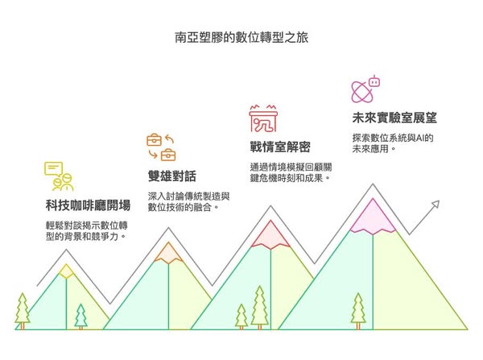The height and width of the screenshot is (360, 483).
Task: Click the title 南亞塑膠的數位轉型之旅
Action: point(242,38)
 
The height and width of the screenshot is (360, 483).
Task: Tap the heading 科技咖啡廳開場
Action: point(88,205)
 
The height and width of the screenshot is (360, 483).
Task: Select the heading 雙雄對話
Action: point(172,176)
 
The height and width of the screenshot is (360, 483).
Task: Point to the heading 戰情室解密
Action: point(280,147)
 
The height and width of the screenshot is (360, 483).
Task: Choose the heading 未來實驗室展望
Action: point(394,118)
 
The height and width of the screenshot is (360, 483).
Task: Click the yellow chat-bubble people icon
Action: point(59,176)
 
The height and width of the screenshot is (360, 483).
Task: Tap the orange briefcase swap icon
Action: point(161,147)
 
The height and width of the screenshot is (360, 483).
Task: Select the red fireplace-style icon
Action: point(263,118)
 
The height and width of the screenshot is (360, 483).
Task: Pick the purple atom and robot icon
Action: point(365,89)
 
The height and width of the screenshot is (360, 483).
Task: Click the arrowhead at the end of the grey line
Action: point(436,205)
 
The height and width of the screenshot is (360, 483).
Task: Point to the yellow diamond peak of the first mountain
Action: point(66,271)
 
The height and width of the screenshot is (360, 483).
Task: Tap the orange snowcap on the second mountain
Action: point(168,253)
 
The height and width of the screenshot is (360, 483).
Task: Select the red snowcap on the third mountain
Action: point(270,235)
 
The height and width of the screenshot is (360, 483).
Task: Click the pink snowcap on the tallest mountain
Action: point(373,217)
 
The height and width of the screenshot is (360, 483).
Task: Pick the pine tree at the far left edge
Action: point(23,312)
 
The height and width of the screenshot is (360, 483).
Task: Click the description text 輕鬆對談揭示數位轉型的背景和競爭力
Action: point(87,231)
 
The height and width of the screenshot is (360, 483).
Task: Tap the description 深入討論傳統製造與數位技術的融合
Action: point(188,201)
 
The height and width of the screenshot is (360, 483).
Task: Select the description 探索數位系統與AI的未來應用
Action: point(393,143)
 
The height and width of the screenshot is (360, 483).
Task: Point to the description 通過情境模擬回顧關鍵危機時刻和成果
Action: point(291,172)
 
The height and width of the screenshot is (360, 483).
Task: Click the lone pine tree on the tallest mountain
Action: point(358,312)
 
